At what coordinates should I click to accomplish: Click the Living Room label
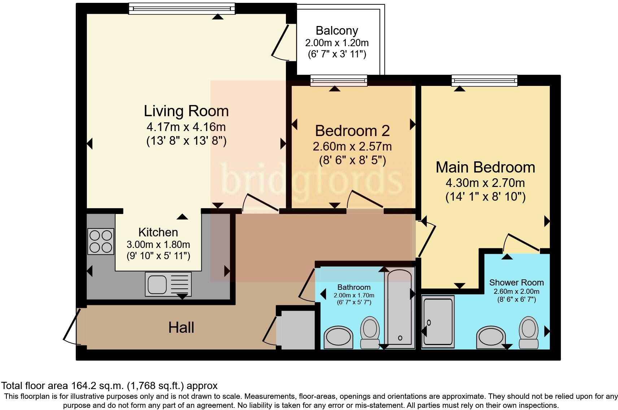[186, 111]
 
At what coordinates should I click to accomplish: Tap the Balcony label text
[337, 31]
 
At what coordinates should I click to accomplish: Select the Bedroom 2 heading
[352, 131]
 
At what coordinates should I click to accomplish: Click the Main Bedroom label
[485, 167]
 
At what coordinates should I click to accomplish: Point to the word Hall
[181, 327]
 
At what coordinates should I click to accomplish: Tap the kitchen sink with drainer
[168, 284]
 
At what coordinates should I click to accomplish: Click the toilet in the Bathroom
[370, 332]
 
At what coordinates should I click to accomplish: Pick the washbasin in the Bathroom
[339, 337]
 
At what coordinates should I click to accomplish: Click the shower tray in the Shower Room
[438, 322]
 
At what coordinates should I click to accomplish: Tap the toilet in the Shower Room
[528, 332]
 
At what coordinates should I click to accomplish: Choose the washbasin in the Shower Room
[491, 337]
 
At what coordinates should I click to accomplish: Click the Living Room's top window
[182, 9]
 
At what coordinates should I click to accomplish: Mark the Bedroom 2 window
[339, 80]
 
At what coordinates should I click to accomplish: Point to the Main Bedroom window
[484, 80]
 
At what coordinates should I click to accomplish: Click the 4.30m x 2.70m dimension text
[485, 183]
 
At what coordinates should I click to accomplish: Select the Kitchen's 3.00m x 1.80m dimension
[158, 244]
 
